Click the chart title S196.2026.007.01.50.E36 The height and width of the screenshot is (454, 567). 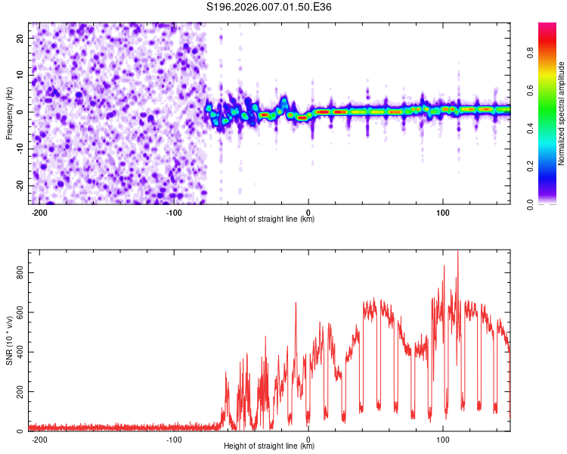[270, 7]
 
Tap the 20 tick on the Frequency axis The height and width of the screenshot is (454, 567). [20, 38]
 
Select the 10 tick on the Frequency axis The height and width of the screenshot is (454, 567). [20, 75]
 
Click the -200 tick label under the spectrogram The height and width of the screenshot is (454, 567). [40, 212]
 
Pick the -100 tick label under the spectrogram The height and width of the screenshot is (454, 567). [175, 212]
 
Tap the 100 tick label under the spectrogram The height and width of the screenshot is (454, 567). [442, 212]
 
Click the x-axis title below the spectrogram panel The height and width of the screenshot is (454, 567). [269, 219]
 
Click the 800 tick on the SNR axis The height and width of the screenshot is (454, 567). [20, 272]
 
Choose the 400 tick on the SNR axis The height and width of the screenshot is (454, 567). [20, 352]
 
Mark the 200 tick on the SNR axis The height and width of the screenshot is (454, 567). [20, 391]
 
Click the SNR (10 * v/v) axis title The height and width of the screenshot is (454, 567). [10, 340]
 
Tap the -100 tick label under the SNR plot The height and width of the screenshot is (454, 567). [175, 439]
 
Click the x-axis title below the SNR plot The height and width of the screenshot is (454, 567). [269, 446]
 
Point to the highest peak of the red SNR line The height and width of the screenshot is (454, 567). [457, 252]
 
